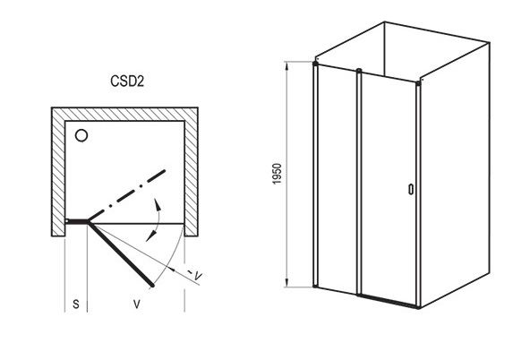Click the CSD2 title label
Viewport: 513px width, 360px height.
127,81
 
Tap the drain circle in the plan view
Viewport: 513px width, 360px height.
81,135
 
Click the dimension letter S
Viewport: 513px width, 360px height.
76,304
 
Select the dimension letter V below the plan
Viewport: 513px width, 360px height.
137,304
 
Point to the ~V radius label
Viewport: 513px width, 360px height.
196,275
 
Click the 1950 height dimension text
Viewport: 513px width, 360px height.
278,174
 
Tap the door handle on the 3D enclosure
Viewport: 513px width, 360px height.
411,190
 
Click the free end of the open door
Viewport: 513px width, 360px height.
152,286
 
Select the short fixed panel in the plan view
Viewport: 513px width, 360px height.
77,221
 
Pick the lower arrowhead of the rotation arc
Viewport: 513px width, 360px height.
150,236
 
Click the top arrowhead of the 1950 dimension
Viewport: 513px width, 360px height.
286,67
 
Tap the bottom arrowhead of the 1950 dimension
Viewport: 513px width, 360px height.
286,281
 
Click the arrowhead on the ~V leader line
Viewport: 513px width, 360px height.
172,269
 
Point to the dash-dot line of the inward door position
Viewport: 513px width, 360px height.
126,195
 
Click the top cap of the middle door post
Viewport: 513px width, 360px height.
359,71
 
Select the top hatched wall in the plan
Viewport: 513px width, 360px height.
124,115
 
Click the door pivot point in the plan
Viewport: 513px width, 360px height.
89,222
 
